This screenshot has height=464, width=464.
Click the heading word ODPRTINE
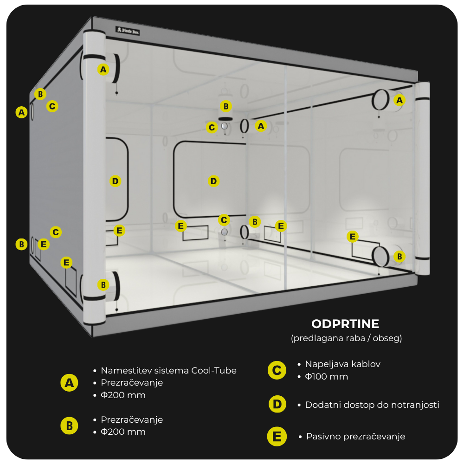pos(345,323)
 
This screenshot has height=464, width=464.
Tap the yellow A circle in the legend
pos(69,383)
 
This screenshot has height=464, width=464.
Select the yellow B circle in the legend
pos(69,425)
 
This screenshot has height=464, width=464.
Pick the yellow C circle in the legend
pos(277,370)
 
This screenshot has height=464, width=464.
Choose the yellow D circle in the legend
pos(277,404)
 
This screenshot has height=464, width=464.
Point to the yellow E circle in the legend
pos(277,437)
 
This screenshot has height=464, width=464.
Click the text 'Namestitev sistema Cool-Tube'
pos(168,370)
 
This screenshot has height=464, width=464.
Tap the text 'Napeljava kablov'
pos(342,364)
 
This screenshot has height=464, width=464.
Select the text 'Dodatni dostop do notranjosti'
pos(372,405)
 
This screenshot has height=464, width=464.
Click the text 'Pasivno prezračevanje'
pos(355,437)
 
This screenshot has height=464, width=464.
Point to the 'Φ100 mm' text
pos(326,376)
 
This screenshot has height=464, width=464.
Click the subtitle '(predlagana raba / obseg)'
pos(346,338)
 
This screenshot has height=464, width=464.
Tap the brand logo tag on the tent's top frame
pos(128,31)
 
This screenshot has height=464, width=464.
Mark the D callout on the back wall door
pos(213,181)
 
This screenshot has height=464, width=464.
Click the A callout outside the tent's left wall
pos(21,112)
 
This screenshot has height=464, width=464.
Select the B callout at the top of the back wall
pos(226,106)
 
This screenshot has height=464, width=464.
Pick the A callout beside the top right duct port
pos(399,100)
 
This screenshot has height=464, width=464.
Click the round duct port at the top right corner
pos(380,99)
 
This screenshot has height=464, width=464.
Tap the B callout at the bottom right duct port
pos(399,256)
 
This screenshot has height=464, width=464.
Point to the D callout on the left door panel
pos(115,181)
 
